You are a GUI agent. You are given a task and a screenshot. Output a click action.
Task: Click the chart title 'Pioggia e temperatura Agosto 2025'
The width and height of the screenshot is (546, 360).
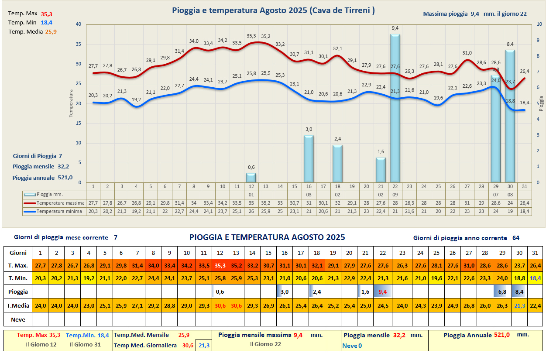(x=273, y=10)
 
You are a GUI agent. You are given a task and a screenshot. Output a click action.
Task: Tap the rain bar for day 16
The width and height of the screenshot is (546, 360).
(x=309, y=159)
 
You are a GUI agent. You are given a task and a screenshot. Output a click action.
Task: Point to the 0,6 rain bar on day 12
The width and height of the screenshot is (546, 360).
(x=251, y=178)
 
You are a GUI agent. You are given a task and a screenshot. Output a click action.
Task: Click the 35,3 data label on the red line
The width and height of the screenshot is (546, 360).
(x=251, y=36)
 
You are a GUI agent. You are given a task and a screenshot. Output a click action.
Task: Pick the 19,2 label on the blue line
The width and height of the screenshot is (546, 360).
(x=136, y=99)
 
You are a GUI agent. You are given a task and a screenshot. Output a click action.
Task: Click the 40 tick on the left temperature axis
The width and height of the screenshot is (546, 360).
(x=78, y=24)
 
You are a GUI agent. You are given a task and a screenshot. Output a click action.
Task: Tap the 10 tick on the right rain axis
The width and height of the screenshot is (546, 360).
(x=539, y=24)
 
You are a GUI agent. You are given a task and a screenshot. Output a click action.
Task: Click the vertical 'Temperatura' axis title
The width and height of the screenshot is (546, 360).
(x=71, y=103)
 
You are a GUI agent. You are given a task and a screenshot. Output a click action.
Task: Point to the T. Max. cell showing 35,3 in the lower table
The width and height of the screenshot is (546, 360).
(x=220, y=265)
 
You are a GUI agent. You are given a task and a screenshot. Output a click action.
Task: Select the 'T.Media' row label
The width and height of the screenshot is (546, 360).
(x=18, y=305)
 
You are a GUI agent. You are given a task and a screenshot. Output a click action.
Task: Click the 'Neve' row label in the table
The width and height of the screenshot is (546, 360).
(x=18, y=319)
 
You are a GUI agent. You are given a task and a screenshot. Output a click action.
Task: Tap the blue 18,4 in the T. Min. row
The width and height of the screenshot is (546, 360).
(x=535, y=278)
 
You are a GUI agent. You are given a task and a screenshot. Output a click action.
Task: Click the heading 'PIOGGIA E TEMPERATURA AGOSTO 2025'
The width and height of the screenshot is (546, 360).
(x=267, y=237)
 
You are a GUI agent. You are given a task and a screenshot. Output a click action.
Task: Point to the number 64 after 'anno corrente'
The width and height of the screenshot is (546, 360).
(x=515, y=238)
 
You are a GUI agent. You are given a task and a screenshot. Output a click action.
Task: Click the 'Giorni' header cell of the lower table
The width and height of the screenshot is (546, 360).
(x=18, y=253)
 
